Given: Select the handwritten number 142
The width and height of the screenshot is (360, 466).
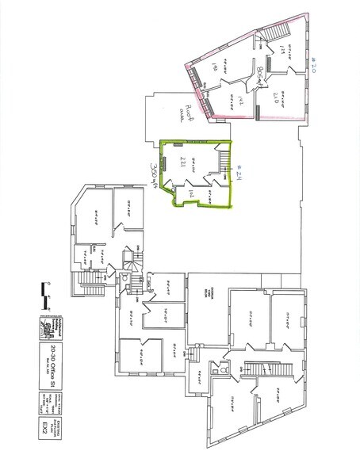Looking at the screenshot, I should click(x=237, y=100).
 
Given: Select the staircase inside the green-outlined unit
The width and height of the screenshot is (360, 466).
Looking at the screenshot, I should click(x=224, y=168).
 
